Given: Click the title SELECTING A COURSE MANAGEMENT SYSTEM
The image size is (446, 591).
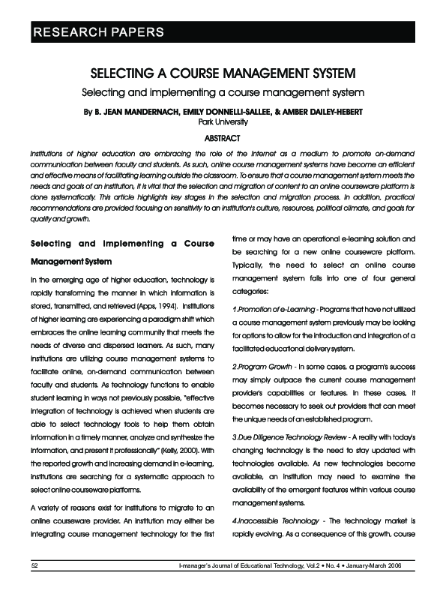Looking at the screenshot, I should pos(222,75).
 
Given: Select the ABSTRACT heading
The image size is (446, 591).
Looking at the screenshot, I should pos(222,138).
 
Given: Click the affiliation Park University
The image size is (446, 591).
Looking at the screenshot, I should pos(222,121).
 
